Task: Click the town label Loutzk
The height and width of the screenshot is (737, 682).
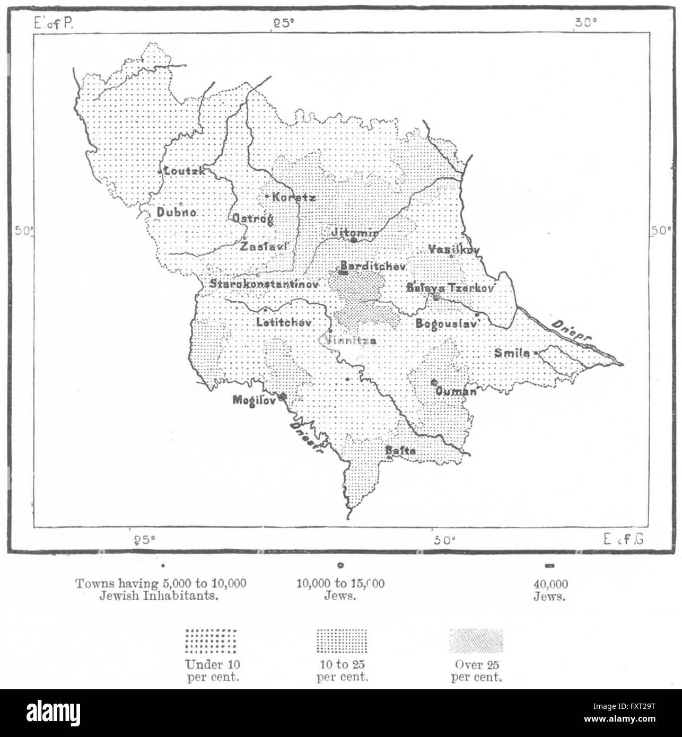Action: (x=183, y=171)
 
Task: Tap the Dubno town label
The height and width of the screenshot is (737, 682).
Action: (x=177, y=212)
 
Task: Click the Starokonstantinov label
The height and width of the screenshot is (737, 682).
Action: (x=264, y=284)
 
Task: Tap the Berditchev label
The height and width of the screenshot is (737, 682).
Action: (x=373, y=265)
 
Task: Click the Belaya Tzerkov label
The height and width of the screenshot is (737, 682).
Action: (x=450, y=288)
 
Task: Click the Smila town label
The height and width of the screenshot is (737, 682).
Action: (x=512, y=353)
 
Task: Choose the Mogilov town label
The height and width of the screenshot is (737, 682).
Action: (x=253, y=400)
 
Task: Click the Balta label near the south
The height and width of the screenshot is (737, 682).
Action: (x=400, y=451)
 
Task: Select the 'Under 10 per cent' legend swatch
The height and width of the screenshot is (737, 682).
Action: (x=211, y=642)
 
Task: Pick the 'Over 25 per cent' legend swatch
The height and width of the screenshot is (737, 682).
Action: (x=476, y=642)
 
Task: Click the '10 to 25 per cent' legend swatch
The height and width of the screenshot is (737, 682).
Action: (x=342, y=642)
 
